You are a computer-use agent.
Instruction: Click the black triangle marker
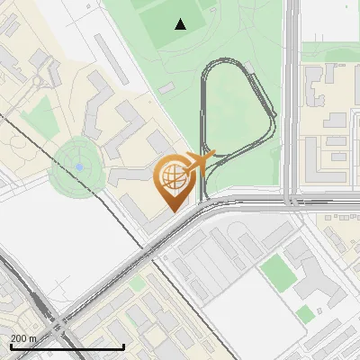pos(181,24)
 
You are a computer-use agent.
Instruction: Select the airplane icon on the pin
pos(205,160)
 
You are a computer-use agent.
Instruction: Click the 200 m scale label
pos(23,338)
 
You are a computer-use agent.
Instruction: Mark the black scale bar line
pos(67,346)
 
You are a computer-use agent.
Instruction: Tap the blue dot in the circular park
pos(79,166)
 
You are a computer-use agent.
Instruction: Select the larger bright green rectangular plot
pos(278,272)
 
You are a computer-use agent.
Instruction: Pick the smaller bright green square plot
pos(305,314)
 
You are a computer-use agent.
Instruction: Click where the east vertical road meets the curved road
pos(292,200)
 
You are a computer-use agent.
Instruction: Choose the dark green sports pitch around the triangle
pos(171,27)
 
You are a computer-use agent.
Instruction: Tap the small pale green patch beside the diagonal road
pos(136,283)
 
